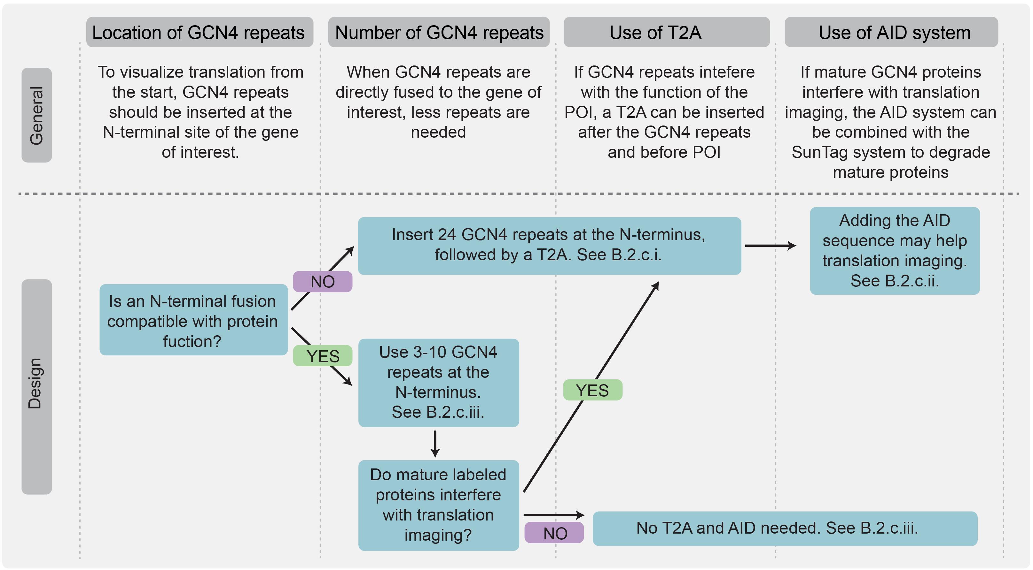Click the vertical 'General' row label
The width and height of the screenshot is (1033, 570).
click(x=36, y=115)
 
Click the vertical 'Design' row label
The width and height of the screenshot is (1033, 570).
click(x=36, y=386)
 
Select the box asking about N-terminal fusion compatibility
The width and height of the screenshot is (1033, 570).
click(x=193, y=320)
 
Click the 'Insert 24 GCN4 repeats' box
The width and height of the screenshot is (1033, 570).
click(x=549, y=246)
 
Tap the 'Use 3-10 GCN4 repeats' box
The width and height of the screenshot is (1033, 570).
click(x=438, y=383)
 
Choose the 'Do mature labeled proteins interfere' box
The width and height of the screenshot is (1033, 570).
click(x=438, y=505)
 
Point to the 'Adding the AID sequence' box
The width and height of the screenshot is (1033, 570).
click(x=895, y=251)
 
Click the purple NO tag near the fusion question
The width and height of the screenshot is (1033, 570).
click(x=322, y=282)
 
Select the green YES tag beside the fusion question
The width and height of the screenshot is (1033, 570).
click(x=322, y=356)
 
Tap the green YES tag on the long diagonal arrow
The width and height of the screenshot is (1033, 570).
click(x=592, y=390)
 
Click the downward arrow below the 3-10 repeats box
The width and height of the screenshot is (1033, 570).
click(x=435, y=444)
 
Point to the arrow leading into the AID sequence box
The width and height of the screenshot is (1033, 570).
click(x=770, y=246)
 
